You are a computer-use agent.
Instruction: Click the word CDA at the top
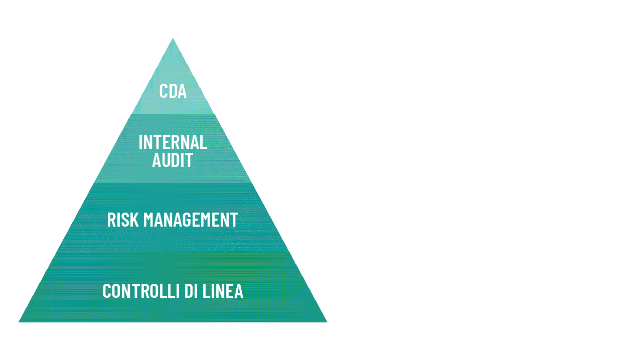point(173,91)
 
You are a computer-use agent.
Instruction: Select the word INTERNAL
point(173,142)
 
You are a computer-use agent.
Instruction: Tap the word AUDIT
point(173,160)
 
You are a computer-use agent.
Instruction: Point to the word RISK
point(123,220)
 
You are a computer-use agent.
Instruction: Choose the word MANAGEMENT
point(191,220)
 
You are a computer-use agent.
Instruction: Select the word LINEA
point(223,291)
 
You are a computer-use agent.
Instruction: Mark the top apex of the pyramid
point(173,38)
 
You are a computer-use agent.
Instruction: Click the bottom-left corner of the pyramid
point(19,322)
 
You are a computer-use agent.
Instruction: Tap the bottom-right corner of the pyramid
point(327,322)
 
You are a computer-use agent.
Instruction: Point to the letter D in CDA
point(173,91)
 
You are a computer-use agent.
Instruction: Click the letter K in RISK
point(134,220)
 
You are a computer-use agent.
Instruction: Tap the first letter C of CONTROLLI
point(106,291)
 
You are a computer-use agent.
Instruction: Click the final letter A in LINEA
point(239,291)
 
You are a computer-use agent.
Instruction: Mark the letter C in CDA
point(164,91)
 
